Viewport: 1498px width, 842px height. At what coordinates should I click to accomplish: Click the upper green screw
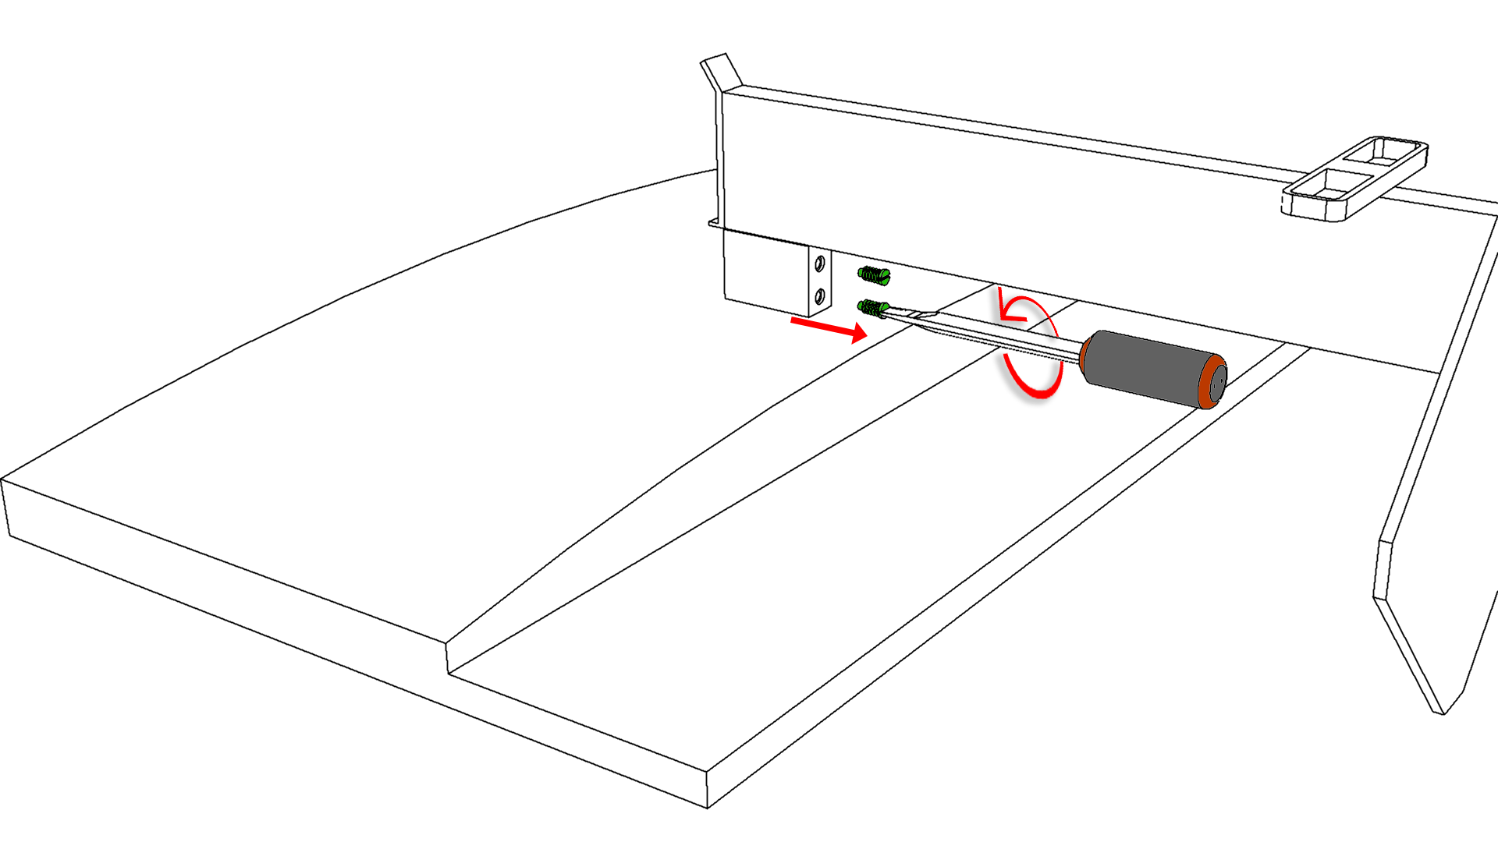coord(874,274)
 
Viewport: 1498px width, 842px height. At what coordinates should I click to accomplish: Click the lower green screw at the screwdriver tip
coord(873,308)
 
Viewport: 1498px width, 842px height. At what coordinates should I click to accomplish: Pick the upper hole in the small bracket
coord(819,265)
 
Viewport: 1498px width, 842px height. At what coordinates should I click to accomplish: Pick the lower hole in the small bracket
coord(819,295)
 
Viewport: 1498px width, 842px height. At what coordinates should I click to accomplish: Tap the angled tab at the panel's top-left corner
coord(722,70)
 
